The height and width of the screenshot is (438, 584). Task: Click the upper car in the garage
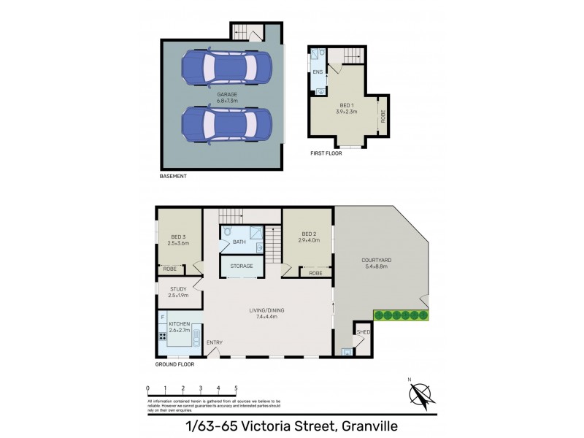point(227,67)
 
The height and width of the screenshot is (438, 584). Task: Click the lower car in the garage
point(227,127)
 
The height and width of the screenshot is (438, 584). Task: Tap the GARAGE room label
point(227,95)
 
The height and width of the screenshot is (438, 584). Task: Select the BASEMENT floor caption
point(174,177)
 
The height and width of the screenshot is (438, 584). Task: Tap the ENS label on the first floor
point(318,72)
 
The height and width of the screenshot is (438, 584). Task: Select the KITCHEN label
point(179,323)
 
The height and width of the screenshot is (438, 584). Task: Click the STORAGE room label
point(242,266)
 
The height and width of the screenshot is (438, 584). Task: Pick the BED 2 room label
point(310,234)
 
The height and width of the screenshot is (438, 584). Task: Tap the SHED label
point(362,332)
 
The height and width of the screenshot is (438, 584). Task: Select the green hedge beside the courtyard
point(401,315)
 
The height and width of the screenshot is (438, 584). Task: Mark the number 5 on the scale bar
point(236,388)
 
